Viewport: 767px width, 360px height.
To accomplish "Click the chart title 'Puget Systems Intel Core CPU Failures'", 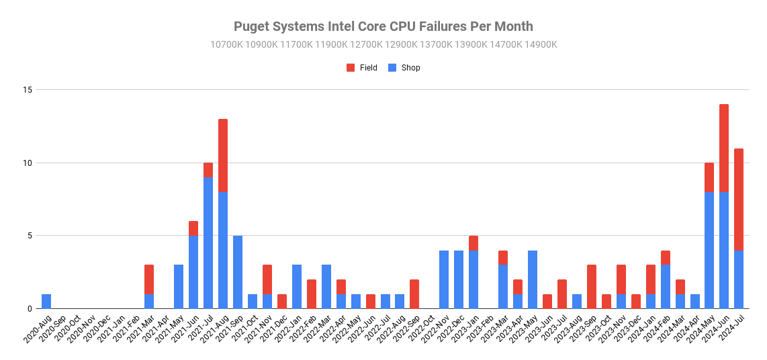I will (x=383, y=27).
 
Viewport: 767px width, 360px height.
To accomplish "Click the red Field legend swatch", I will (x=351, y=67).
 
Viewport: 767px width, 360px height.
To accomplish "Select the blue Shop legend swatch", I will (x=392, y=67).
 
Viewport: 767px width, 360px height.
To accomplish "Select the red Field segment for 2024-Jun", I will (x=724, y=148).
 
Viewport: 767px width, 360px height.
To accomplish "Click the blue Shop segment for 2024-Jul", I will (x=739, y=279).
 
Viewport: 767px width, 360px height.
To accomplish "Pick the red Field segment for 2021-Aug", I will (x=223, y=155).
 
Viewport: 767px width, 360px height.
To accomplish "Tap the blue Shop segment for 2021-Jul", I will (x=208, y=242).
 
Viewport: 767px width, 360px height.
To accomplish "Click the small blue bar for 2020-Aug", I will (x=46, y=302).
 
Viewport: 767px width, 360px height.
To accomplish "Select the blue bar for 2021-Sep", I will (x=238, y=272).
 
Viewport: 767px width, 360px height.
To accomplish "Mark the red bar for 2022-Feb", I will (x=312, y=294).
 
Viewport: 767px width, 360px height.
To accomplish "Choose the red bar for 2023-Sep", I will (x=592, y=287).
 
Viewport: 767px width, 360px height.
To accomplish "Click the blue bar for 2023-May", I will (x=533, y=279).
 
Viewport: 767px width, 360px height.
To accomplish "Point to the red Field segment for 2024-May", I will (x=709, y=177).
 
